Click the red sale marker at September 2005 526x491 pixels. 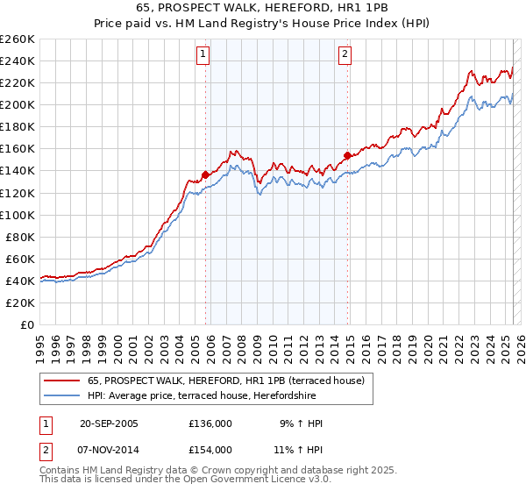[206, 174]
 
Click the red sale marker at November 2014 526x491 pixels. [348, 155]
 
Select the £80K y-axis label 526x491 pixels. [19, 237]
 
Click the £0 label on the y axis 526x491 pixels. [29, 324]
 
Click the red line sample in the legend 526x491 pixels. [61, 381]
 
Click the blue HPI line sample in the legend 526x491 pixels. [61, 395]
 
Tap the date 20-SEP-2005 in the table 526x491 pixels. [109, 423]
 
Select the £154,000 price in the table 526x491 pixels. [210, 449]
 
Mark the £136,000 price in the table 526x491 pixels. [210, 423]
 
